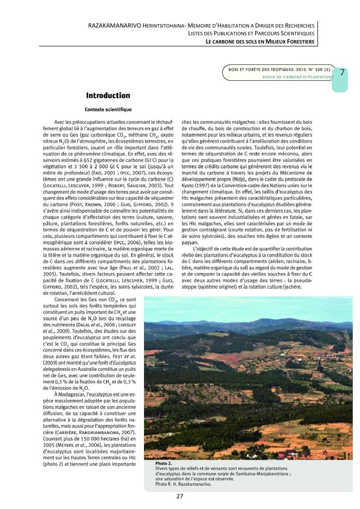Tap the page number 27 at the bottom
(179, 496)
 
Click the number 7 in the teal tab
(342, 73)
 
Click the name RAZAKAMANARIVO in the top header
(111, 25)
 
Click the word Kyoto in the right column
(188, 186)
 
